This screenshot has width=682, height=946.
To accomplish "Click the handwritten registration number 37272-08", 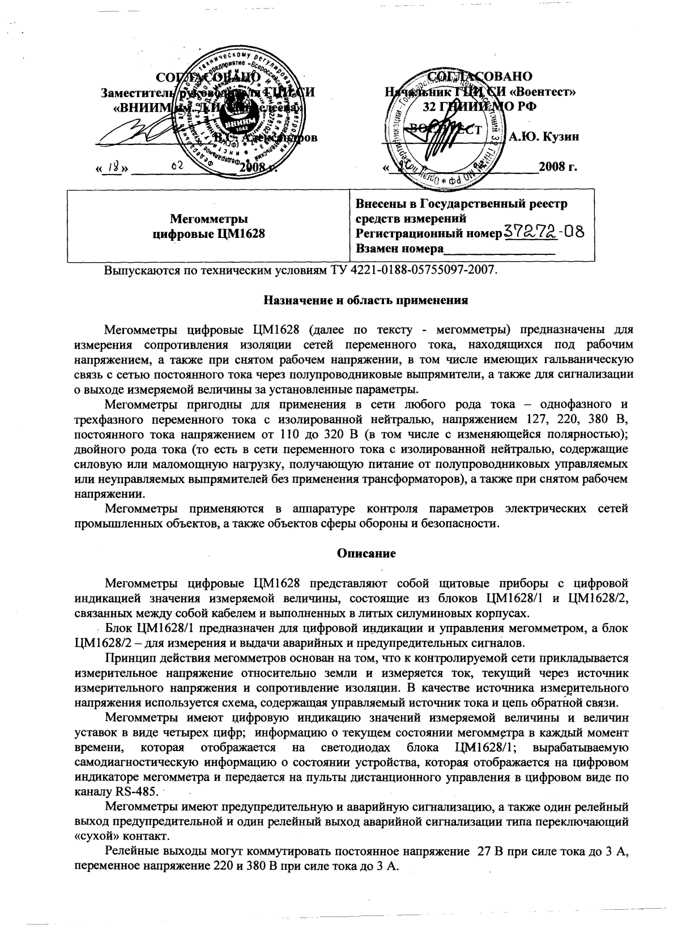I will coord(543,232).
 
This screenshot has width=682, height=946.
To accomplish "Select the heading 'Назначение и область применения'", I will coord(366,301).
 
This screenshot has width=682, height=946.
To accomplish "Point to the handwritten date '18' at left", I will coord(114,167).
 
